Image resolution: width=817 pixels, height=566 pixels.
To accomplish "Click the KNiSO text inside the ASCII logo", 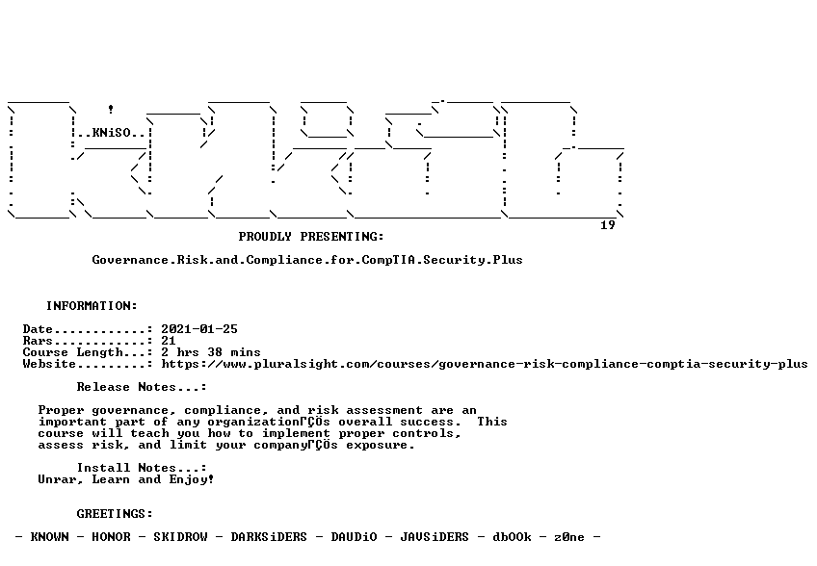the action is click(111, 133).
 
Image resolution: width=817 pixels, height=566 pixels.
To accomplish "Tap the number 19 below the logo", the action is click(608, 225).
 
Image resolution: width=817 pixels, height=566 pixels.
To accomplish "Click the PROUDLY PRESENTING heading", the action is click(311, 237).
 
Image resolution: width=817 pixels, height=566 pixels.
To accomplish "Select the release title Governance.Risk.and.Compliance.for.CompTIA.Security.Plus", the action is click(307, 260).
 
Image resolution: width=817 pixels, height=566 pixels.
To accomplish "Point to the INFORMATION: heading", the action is click(92, 306).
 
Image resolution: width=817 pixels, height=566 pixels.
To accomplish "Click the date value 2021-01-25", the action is click(199, 329).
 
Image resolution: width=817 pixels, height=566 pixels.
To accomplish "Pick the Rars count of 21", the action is click(169, 341).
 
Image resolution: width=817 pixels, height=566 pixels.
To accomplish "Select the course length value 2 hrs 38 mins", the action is click(210, 352).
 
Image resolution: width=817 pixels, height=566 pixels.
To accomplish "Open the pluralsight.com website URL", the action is click(484, 364).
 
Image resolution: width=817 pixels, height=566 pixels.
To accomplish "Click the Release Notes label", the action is click(142, 387).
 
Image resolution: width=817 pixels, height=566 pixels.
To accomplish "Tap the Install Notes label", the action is click(142, 468).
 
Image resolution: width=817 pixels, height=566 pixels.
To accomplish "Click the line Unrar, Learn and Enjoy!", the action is click(126, 479).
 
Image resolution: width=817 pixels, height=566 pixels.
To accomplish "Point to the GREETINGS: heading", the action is click(115, 514).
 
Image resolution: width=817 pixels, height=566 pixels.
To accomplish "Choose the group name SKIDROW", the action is click(180, 537).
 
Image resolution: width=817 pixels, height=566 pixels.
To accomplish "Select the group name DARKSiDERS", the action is click(269, 537).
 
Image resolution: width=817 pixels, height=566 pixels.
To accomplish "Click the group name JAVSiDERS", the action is click(435, 537).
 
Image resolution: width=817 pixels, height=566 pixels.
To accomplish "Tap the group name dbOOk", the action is click(512, 537).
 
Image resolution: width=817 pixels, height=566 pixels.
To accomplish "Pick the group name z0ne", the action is click(569, 537).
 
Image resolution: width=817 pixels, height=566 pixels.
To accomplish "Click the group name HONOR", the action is click(111, 537).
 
